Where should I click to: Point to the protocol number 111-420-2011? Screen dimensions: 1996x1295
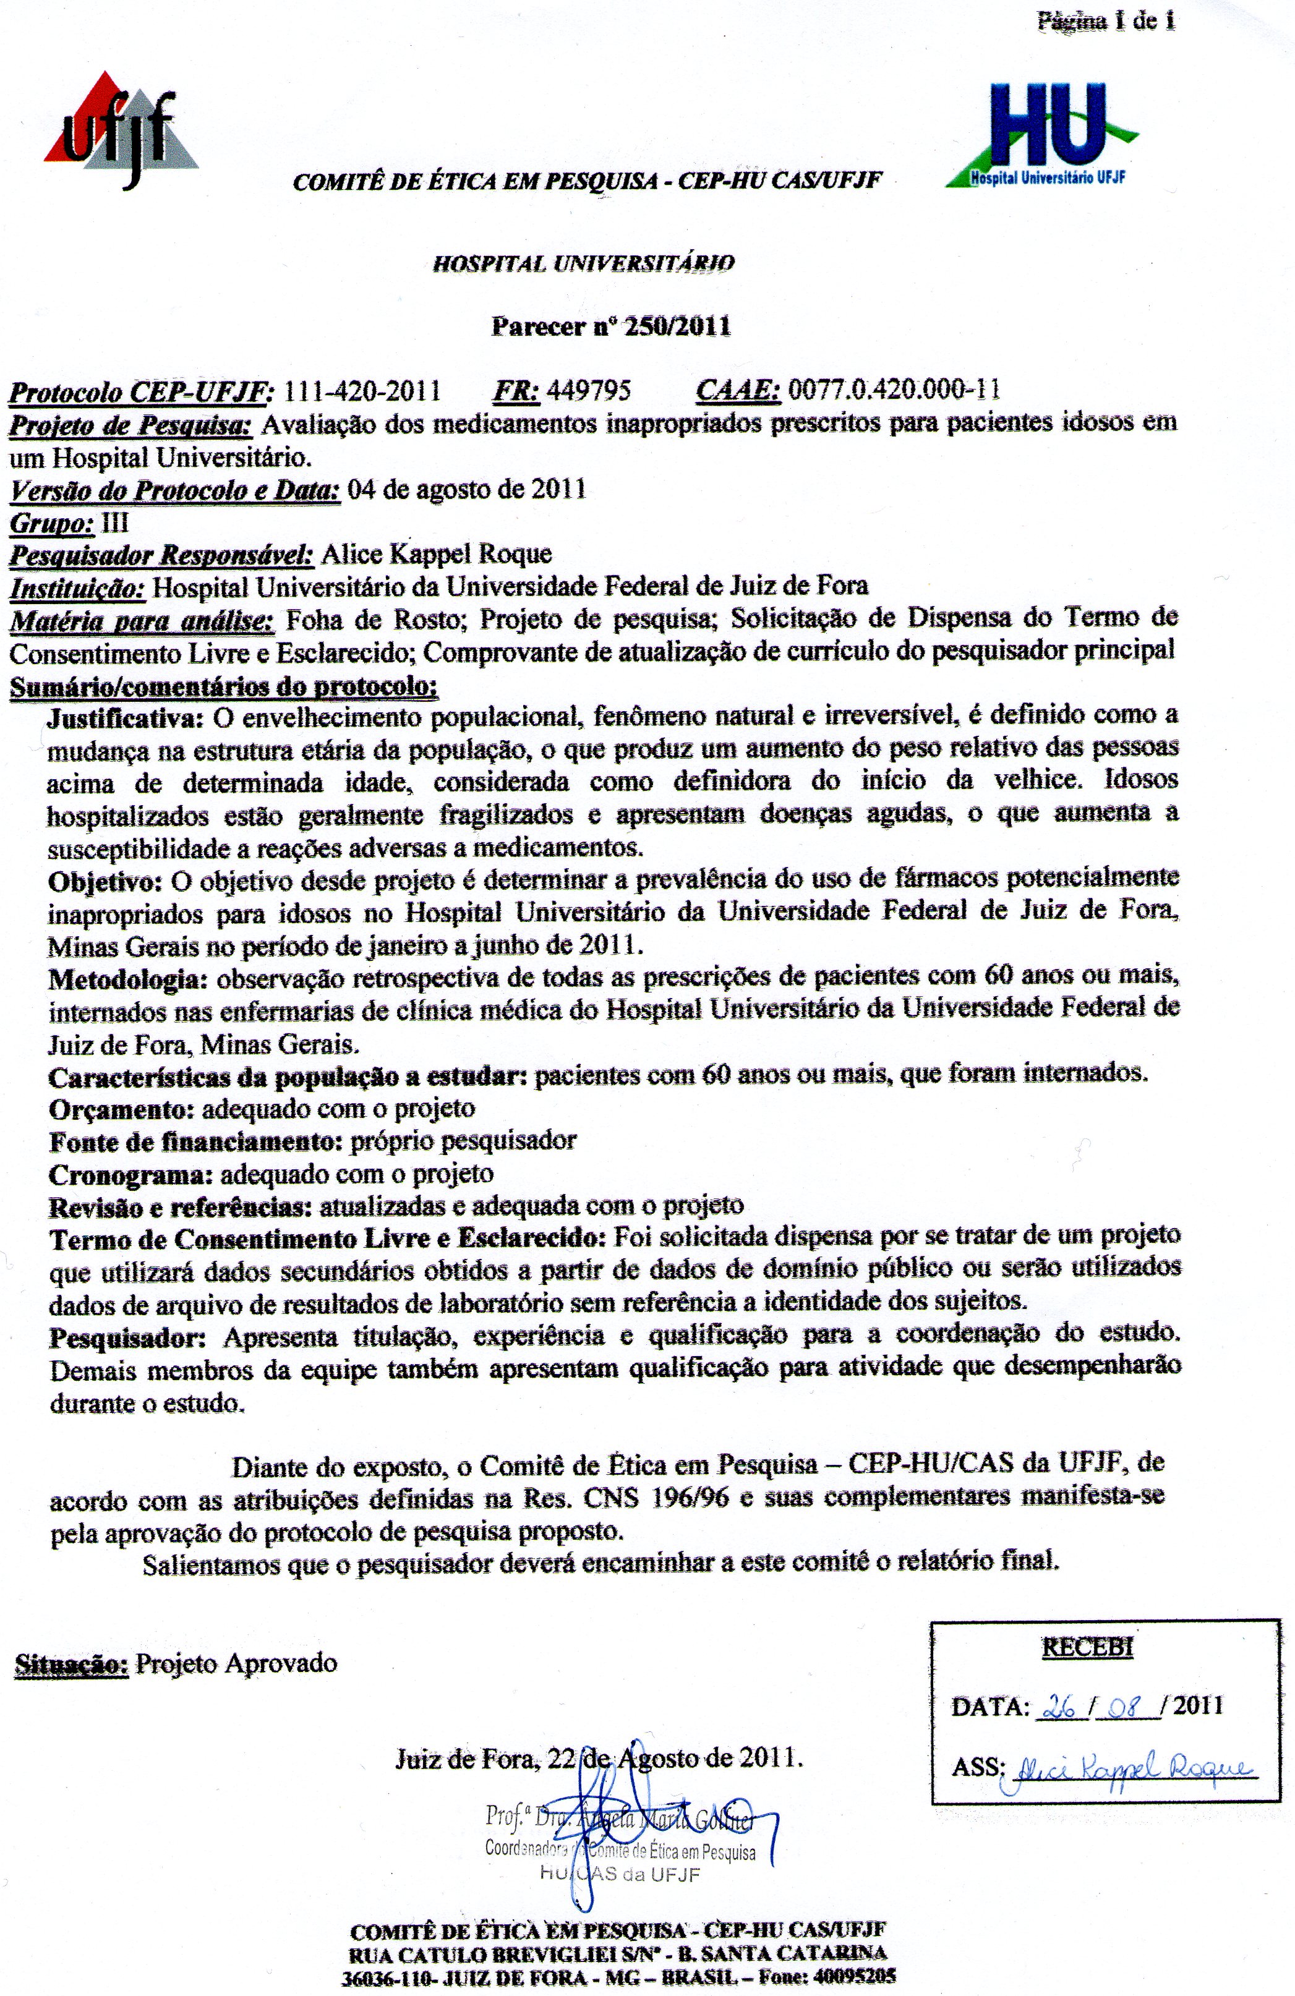(x=363, y=391)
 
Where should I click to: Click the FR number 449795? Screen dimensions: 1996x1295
(x=589, y=391)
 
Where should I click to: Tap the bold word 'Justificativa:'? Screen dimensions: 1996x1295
(x=126, y=718)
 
